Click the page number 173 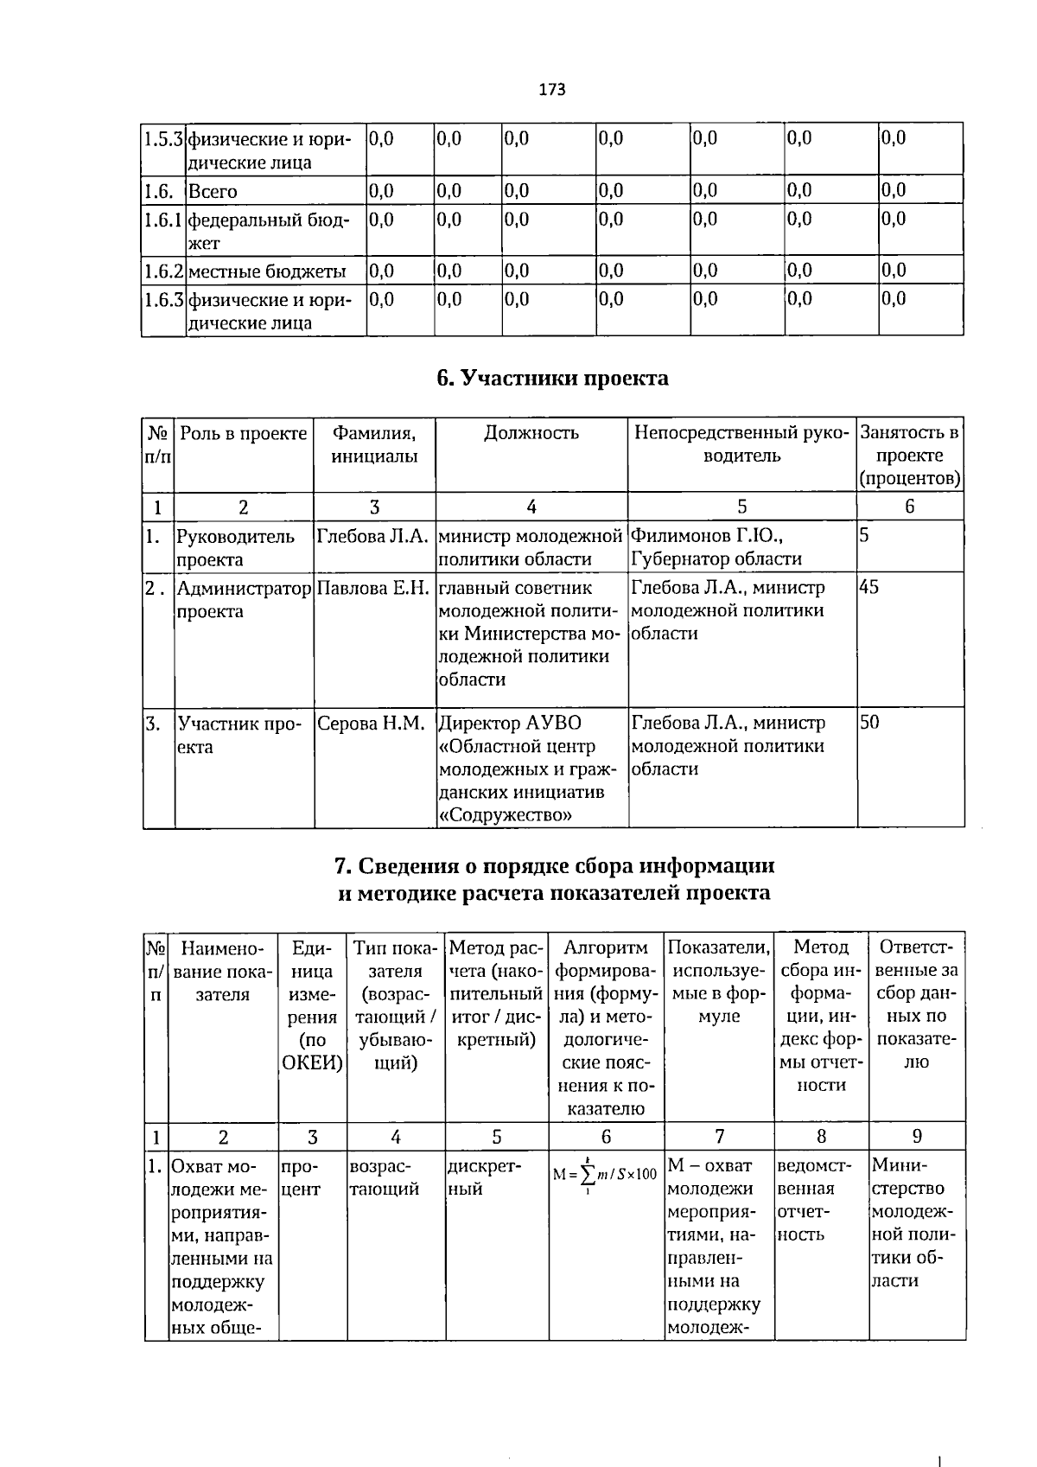click(x=551, y=89)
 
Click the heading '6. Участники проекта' click(x=552, y=379)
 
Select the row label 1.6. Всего click(x=213, y=191)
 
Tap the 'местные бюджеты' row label click(x=266, y=271)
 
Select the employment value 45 click(x=869, y=588)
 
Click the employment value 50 click(x=869, y=723)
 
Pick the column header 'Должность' click(x=531, y=433)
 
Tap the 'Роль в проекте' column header click(x=243, y=433)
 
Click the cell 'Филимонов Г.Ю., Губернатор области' click(x=716, y=547)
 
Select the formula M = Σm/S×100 click(x=606, y=1173)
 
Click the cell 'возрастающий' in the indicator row click(x=385, y=1177)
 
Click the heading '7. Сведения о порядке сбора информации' click(x=553, y=866)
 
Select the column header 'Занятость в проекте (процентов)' click(x=909, y=456)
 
